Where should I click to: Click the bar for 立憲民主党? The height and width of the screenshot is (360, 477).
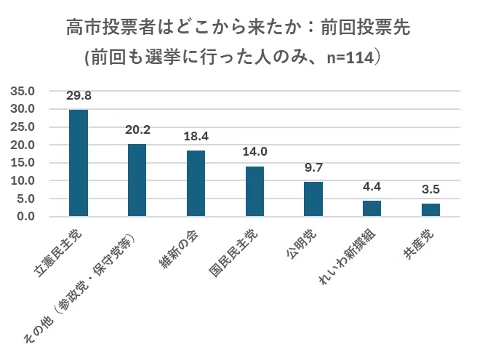(78, 163)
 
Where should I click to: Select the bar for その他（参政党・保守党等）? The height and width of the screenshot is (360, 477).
(137, 180)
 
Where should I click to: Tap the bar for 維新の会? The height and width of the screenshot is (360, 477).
(196, 183)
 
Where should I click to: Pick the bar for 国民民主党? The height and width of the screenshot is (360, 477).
(254, 191)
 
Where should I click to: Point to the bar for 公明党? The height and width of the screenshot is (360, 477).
(313, 199)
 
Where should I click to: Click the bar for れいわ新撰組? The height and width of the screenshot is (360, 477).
(372, 209)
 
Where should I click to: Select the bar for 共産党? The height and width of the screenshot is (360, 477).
(430, 210)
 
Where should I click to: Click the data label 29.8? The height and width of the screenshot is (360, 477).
(78, 96)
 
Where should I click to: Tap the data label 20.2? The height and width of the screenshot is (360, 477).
(137, 130)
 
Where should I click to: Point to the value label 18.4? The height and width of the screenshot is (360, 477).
(196, 137)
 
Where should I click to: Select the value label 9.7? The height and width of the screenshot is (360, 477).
(313, 168)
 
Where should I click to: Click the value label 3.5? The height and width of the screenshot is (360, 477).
(430, 190)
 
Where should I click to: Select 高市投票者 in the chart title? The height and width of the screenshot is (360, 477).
(107, 29)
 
